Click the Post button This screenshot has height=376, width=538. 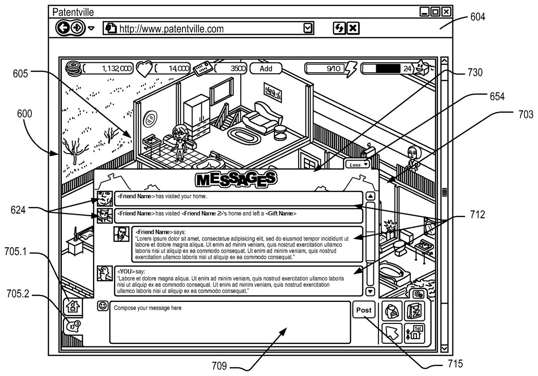[x=364, y=310]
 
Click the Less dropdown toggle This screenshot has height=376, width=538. [x=358, y=165]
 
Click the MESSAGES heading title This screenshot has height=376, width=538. [x=235, y=179]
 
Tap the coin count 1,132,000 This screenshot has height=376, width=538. [x=117, y=69]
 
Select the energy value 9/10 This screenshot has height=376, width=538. [x=333, y=69]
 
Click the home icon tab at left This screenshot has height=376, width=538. [x=72, y=307]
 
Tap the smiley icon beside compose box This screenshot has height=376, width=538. [x=103, y=306]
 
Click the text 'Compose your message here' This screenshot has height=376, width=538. [x=148, y=308]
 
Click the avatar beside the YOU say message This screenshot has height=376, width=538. [x=104, y=273]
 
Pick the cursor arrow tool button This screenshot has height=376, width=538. [x=391, y=333]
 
